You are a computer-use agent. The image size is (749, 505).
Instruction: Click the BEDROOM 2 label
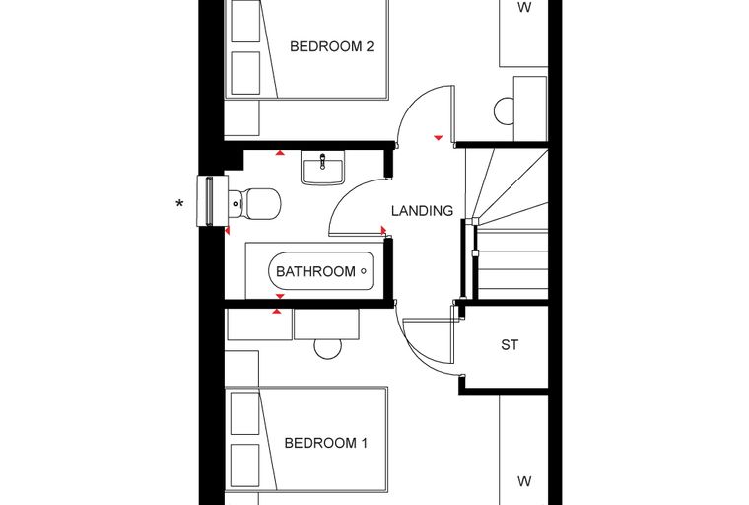pos(331,46)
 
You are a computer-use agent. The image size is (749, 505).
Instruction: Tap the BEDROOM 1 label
pos(326,443)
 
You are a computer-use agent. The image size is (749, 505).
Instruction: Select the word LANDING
pos(422,211)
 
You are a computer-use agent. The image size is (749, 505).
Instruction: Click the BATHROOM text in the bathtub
pos(315,271)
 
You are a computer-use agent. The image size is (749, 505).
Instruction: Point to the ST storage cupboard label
pos(510,345)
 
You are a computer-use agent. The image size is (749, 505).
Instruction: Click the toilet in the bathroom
pos(254,204)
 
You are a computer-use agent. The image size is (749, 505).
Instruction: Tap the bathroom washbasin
pos(322,168)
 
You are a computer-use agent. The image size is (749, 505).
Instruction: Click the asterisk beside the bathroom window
pos(179,205)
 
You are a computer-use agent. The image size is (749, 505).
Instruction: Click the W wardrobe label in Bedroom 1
pos(524,481)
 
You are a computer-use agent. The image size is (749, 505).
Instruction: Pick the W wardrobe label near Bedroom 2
pos(524,7)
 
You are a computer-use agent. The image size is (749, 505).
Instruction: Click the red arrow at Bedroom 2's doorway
pos(438,138)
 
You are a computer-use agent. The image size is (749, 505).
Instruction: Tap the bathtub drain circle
pos(364,271)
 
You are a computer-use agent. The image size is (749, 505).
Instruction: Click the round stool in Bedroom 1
pos(327,349)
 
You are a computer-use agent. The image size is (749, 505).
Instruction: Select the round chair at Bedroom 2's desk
pos(504,110)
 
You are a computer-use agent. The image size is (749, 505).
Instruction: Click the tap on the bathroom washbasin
pos(323,161)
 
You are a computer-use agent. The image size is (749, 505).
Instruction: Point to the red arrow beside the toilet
pos(228,231)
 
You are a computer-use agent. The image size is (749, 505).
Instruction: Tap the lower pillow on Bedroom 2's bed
pos(246,73)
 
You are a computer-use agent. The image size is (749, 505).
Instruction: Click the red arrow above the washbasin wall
pos(280,153)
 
